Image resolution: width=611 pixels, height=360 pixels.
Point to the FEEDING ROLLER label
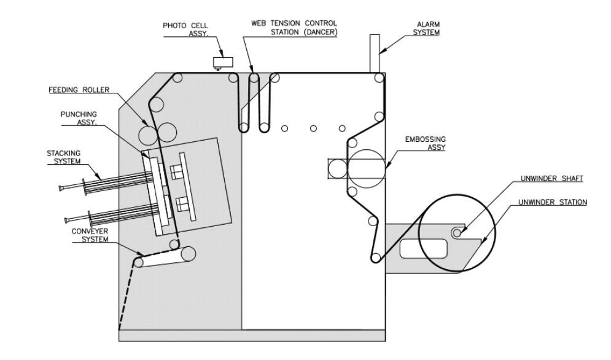click(79, 90)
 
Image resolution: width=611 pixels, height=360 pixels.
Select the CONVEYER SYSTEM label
click(90, 236)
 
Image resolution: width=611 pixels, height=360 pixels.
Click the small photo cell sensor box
click(222, 61)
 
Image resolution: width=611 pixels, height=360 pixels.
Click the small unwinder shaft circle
click(456, 232)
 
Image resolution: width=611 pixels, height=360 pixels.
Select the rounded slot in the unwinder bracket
click(423, 248)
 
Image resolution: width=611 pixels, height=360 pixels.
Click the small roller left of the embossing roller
click(337, 167)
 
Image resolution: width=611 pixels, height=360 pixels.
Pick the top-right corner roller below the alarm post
click(379, 78)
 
